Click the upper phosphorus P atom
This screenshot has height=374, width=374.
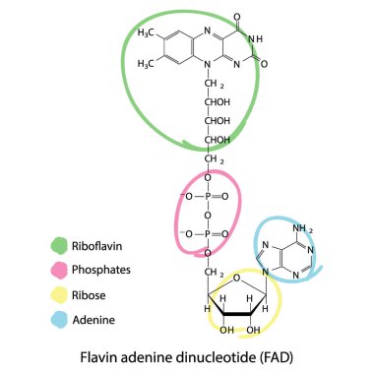point(209,196)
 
